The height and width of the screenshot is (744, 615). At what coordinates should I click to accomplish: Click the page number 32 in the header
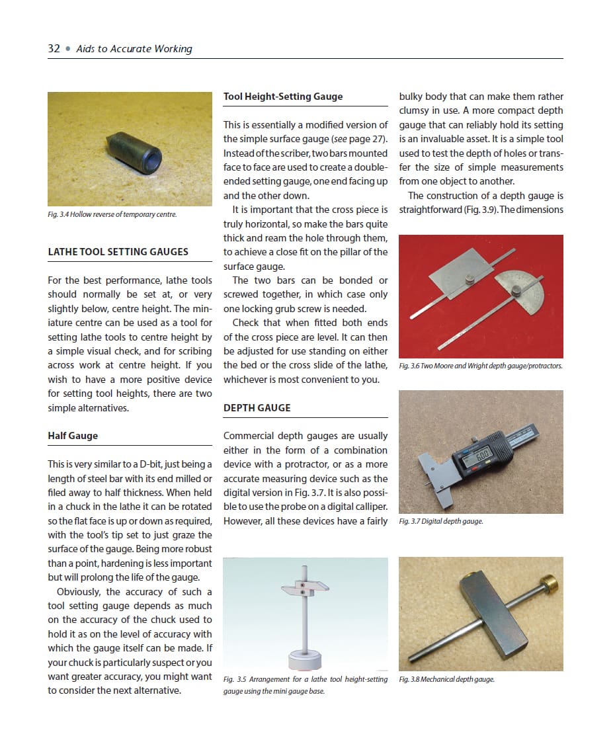54,48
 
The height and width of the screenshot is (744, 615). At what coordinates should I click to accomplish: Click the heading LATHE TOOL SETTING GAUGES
118,251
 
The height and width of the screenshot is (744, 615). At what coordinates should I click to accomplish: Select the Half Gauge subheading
73,436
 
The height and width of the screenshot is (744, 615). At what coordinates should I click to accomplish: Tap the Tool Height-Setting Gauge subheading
283,96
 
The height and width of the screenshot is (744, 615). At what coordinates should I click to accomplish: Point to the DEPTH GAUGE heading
257,407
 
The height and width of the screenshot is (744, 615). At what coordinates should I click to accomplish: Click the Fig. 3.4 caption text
112,214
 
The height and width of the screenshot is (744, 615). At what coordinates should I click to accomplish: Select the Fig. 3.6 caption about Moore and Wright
481,366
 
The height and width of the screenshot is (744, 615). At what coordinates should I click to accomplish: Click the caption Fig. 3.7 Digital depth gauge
441,521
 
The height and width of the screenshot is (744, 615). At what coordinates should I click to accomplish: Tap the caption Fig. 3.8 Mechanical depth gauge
447,679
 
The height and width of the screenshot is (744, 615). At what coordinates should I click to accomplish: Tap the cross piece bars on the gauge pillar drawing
305,588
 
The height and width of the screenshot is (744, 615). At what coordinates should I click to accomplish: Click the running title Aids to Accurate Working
134,48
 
